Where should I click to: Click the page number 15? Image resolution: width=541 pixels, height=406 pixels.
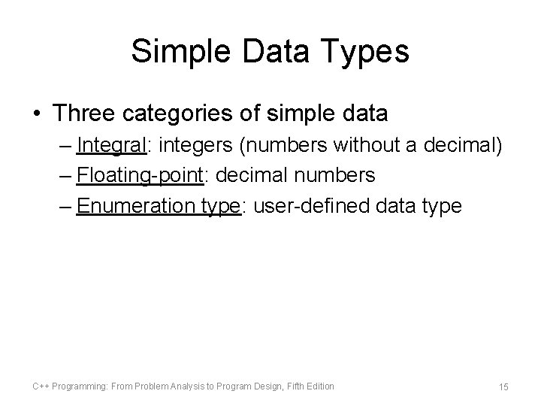point(503,386)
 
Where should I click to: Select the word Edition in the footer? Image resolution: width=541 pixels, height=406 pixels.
point(319,386)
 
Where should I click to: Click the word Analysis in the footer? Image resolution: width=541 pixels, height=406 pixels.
point(186,386)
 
